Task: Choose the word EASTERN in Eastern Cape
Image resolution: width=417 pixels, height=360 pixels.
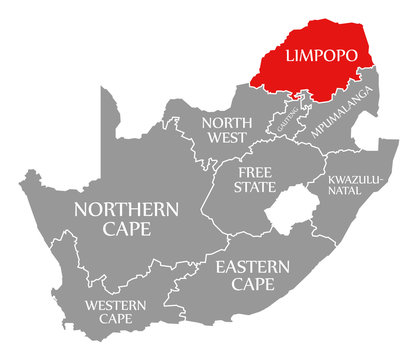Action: click(x=252, y=267)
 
